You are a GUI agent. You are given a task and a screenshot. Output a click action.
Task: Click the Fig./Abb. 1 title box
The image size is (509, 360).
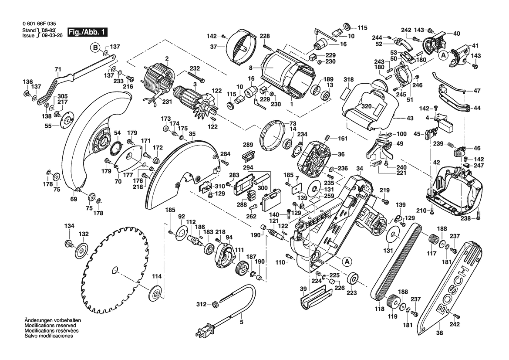87,32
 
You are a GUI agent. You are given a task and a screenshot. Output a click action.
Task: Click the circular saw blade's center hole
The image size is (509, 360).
115,270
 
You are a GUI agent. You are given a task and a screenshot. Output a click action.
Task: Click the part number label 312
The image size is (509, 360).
201,304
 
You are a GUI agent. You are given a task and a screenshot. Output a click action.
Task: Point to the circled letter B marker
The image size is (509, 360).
95,48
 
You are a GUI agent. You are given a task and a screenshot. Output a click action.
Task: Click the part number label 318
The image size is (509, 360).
349,79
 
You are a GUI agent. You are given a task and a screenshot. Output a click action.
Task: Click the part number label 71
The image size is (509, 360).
57,69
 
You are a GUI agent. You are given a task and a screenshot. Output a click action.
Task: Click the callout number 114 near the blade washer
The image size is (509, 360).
156,276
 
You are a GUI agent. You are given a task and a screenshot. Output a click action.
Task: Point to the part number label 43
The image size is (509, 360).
410,118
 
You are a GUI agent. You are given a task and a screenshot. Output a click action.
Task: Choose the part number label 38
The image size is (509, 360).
440,333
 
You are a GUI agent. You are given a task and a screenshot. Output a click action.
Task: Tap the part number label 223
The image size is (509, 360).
351,292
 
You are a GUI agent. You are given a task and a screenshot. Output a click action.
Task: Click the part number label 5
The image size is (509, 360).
241,323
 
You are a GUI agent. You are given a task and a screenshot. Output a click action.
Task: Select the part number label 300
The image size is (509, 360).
263,188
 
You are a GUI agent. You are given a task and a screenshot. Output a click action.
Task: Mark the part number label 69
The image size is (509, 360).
74,199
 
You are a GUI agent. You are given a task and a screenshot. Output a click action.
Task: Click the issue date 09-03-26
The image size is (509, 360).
52,35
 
